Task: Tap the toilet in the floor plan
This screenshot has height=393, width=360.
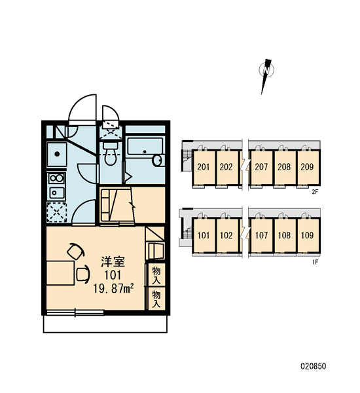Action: tap(110, 154)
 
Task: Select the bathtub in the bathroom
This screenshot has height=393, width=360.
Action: tap(145, 146)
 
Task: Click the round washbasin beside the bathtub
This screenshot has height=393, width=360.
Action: tap(157, 160)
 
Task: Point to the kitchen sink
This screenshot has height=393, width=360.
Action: tap(57, 155)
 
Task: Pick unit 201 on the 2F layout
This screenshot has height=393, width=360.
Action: tap(203, 167)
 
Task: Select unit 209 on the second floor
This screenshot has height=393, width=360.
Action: tap(307, 167)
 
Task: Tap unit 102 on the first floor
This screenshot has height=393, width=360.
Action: tap(226, 235)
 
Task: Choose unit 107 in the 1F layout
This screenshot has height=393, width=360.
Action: tap(261, 235)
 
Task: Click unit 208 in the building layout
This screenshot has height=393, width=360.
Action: tap(284, 167)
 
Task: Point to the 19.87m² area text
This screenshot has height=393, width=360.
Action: tap(113, 288)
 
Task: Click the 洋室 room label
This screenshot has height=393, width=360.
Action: tap(113, 262)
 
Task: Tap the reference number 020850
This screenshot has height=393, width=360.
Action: tap(314, 366)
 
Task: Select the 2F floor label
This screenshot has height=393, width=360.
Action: tap(315, 192)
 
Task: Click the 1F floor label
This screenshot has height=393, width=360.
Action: tap(315, 262)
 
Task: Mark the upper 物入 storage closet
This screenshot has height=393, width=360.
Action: tap(156, 275)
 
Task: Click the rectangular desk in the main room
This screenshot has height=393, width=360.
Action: tap(60, 273)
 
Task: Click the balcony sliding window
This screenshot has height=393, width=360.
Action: tap(75, 312)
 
